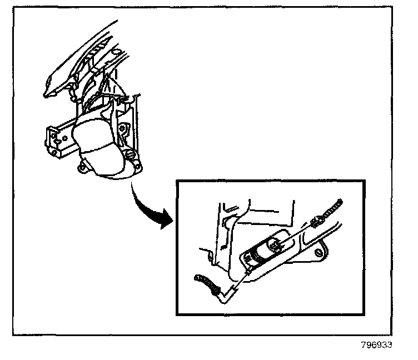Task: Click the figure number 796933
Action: coord(376,344)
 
